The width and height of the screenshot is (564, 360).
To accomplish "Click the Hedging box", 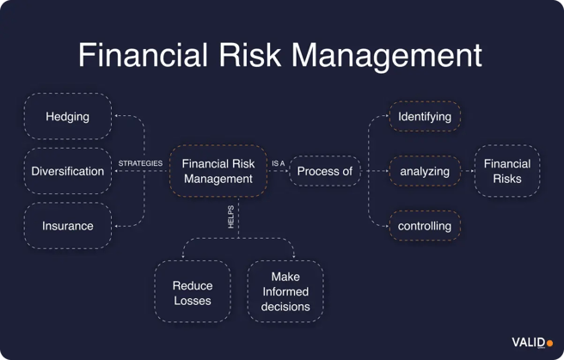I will point(67,116).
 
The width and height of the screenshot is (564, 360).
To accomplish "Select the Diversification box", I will point(67,171).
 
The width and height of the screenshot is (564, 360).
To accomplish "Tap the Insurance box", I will point(67,226).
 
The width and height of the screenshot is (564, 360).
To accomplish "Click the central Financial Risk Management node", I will point(218,171).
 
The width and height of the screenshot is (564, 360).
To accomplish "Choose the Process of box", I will point(324,171).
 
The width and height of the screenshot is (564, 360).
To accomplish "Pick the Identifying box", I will point(425,116).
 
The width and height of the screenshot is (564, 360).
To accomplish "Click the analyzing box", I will point(425,171).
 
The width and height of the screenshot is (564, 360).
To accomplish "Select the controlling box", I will point(425,226).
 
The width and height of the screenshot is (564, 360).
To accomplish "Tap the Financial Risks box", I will point(507,171).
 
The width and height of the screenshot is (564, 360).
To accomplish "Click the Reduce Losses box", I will point(193,292).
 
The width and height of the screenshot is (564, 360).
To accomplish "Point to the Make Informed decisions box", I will point(285,292).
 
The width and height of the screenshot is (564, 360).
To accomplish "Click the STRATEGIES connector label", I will point(140,163).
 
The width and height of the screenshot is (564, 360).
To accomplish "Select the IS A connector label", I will point(278,163).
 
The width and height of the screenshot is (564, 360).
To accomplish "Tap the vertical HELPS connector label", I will point(230,216).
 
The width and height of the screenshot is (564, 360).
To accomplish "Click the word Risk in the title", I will point(249,55).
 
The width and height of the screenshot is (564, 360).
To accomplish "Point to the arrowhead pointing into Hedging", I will point(118,116).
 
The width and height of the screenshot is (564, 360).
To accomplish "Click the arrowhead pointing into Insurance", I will point(118,226).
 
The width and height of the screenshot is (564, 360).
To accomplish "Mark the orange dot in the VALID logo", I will point(550,343).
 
